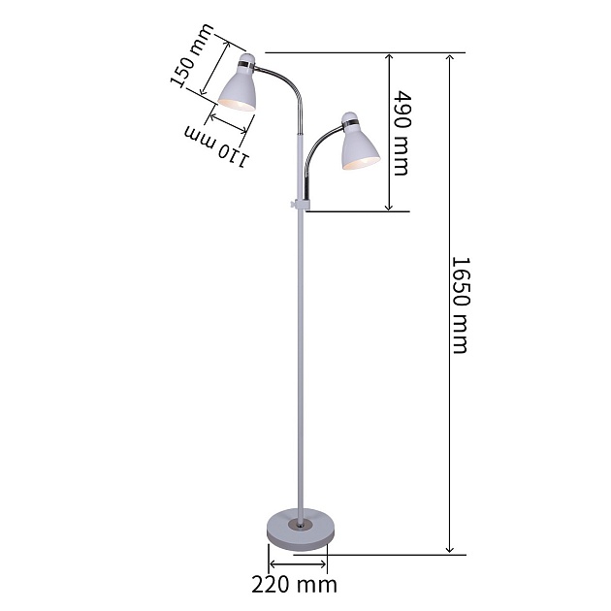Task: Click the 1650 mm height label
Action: click(460, 305)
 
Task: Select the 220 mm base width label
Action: click(294, 584)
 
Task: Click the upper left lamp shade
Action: click(239, 85)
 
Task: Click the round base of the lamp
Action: click(299, 529)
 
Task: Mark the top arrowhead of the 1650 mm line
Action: click(449, 58)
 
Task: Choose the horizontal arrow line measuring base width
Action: click(298, 563)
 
